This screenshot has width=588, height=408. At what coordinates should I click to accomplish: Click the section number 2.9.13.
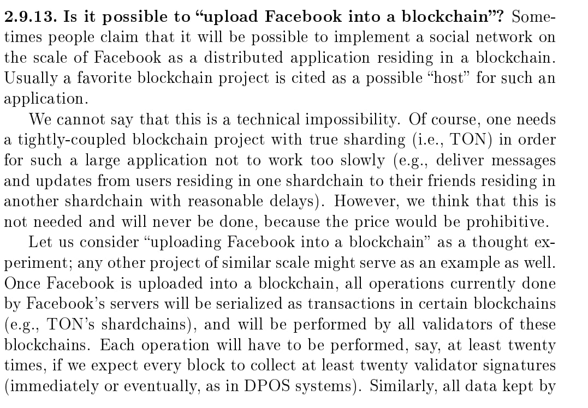point(31,17)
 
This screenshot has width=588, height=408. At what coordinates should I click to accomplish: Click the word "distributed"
point(243,58)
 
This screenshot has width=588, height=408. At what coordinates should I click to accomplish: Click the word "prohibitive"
point(507,223)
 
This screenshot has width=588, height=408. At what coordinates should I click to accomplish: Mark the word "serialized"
point(249,304)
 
